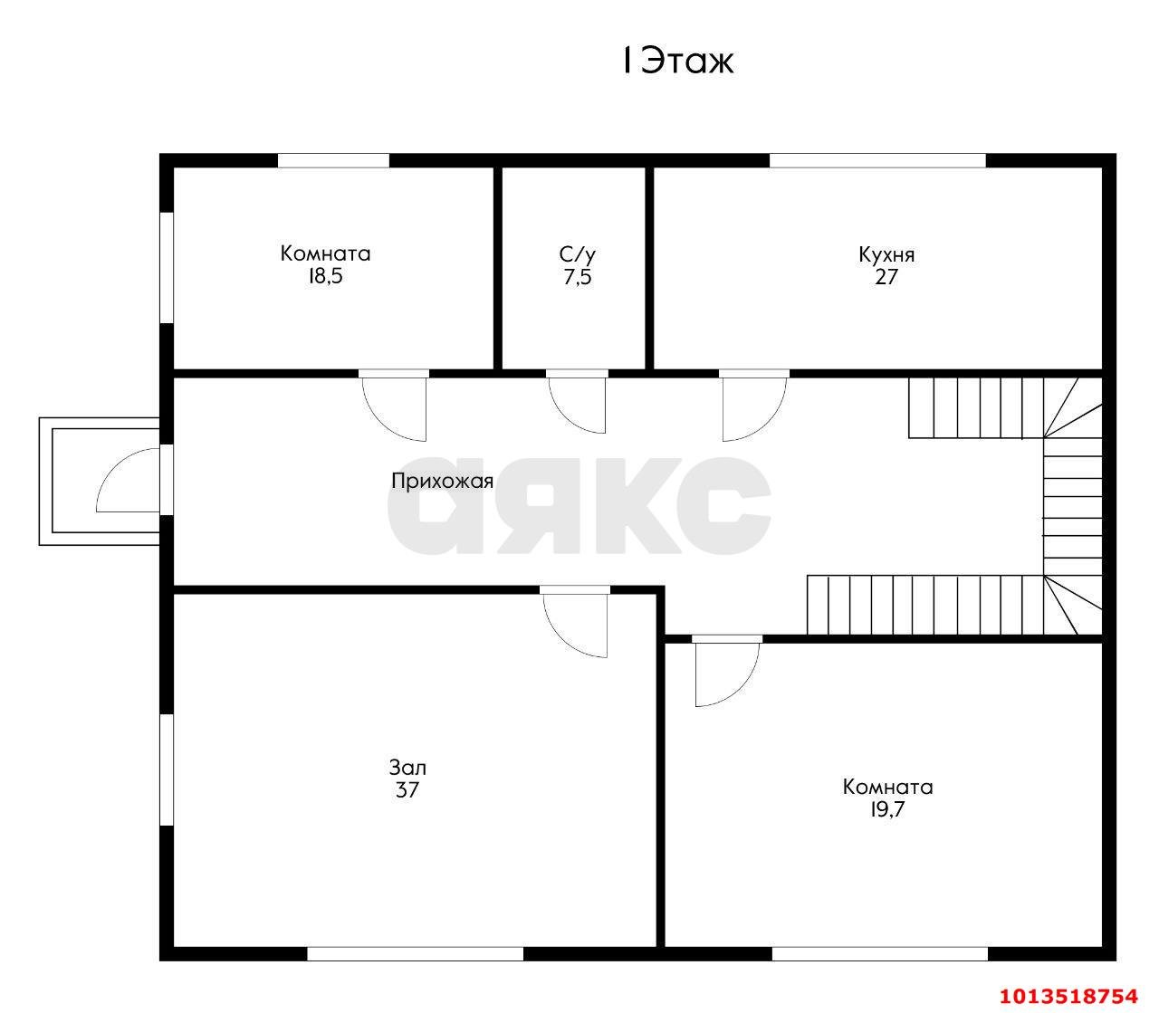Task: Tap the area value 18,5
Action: click(325, 276)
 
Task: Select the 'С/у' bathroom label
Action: click(577, 254)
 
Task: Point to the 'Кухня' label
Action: click(886, 254)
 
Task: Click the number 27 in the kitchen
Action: click(886, 277)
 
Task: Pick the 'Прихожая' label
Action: click(443, 482)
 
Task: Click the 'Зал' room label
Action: click(407, 768)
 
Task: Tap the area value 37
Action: click(407, 790)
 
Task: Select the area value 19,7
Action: click(887, 809)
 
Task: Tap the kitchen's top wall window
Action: click(877, 160)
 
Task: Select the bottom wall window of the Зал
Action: click(416, 954)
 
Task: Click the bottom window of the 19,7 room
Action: click(880, 954)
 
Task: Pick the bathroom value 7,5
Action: click(578, 277)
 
